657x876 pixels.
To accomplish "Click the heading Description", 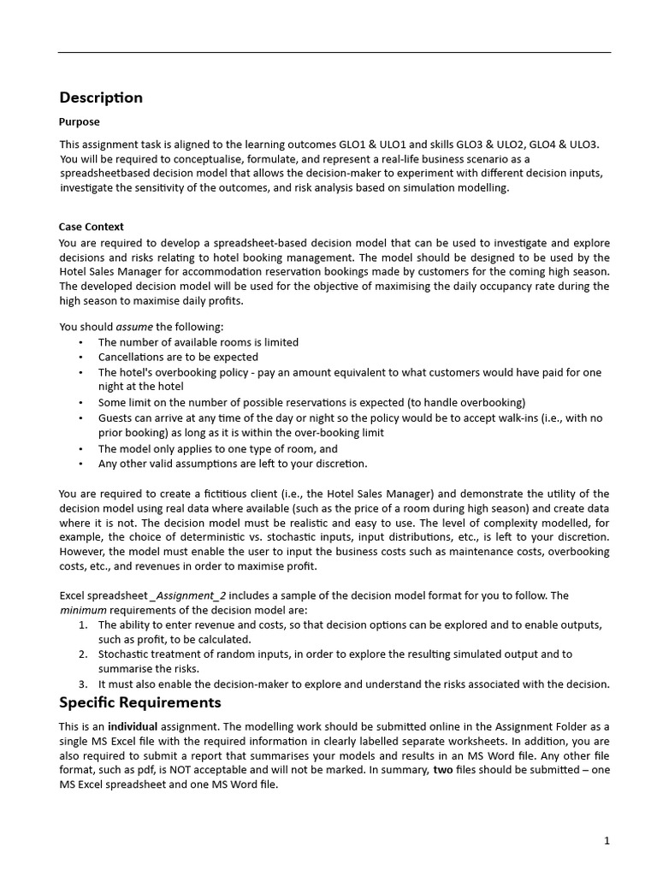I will (101, 98).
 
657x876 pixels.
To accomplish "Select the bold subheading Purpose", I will (79, 122).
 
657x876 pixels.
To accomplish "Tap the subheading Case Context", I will (91, 227).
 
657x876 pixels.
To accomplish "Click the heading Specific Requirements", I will (139, 702).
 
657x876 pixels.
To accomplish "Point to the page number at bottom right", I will (607, 841).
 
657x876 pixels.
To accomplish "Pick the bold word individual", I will (135, 726).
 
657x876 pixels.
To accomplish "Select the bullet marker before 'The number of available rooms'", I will (80, 342).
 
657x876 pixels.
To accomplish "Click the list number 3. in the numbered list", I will (83, 684).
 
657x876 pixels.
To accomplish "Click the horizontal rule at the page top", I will (334, 53).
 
